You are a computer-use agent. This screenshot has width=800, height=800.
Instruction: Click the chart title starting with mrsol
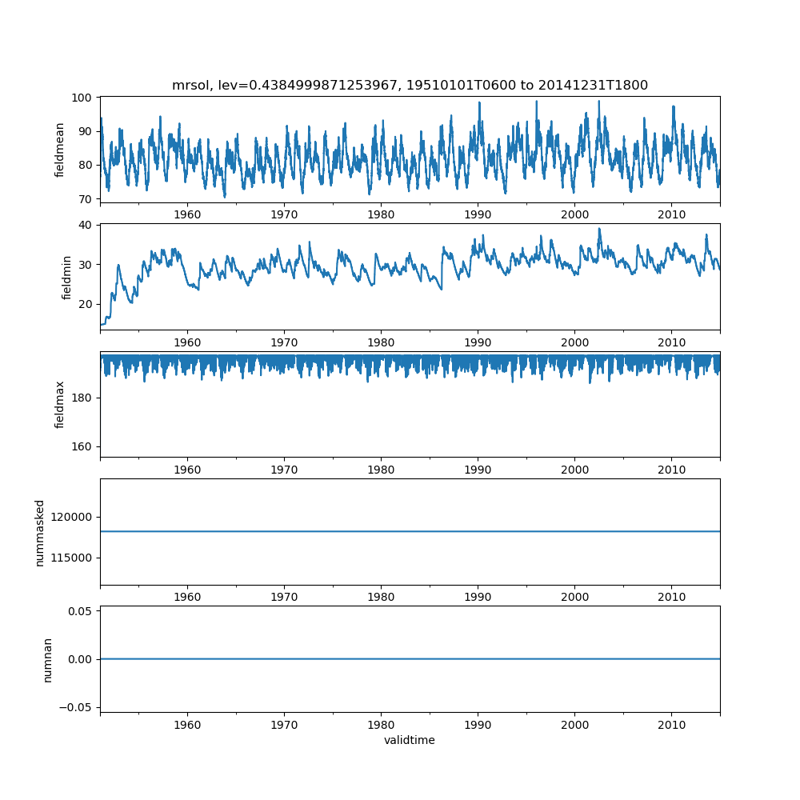(x=410, y=86)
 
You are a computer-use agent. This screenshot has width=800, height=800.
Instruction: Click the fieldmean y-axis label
(x=59, y=150)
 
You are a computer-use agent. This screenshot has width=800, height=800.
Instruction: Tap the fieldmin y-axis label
(x=66, y=278)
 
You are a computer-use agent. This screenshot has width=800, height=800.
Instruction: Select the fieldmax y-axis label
(x=59, y=405)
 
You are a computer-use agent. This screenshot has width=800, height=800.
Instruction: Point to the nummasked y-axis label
(x=40, y=533)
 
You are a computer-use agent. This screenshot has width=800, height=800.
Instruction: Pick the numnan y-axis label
(x=47, y=660)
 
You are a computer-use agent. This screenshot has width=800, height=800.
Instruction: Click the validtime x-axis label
(x=410, y=740)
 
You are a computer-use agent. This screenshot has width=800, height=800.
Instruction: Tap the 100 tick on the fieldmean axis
(x=82, y=98)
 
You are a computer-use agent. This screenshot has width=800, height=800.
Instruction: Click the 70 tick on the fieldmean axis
(x=86, y=199)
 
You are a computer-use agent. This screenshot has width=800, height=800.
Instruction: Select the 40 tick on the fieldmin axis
(x=86, y=225)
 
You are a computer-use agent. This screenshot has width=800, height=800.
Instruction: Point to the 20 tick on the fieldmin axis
(x=86, y=305)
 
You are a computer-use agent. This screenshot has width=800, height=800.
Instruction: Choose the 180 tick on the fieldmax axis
(x=82, y=398)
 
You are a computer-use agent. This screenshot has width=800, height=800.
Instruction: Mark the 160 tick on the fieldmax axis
(x=82, y=447)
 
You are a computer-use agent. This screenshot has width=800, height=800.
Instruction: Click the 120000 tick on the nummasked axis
(x=71, y=518)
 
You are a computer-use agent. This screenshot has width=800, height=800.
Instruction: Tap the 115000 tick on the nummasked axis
(x=71, y=558)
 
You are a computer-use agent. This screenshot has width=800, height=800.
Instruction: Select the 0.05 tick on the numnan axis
(x=80, y=611)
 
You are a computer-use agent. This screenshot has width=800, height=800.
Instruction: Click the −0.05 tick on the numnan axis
(x=75, y=708)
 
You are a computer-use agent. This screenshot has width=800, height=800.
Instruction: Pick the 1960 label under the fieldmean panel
(x=187, y=214)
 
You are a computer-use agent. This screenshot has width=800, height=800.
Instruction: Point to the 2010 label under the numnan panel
(x=671, y=725)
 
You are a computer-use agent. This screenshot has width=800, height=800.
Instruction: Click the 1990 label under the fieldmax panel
(x=478, y=470)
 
